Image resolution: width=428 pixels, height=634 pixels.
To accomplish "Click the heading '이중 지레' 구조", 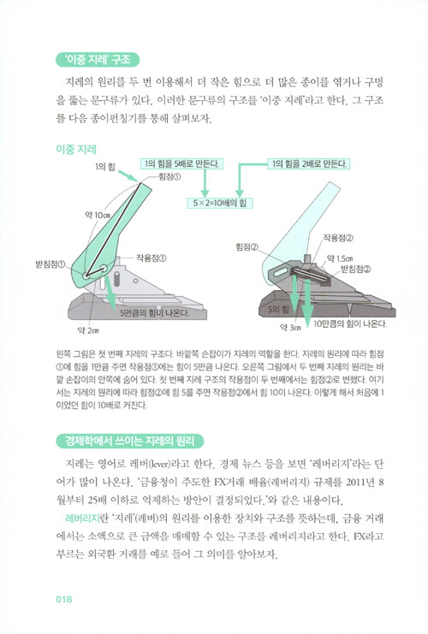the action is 97,60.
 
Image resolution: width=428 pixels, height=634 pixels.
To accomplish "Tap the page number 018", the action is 64,599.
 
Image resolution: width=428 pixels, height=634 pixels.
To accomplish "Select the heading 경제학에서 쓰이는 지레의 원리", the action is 129,441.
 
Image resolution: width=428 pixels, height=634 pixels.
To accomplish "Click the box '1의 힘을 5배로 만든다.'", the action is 181,163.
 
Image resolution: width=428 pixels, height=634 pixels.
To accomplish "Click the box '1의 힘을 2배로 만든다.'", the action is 309,163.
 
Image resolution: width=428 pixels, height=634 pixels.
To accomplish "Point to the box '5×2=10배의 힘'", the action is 220,203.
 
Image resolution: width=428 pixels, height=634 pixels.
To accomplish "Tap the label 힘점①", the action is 169,177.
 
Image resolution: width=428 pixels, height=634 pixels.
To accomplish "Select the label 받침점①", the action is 51,265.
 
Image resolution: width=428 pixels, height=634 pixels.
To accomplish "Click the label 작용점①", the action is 151,258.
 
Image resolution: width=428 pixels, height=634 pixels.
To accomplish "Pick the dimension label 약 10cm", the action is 98,215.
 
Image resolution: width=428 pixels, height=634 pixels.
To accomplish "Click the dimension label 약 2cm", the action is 88,331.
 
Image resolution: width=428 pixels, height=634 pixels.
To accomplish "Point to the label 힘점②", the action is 247,246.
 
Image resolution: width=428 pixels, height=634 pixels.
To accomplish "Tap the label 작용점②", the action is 338,237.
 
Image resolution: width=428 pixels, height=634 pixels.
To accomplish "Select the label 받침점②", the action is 356,269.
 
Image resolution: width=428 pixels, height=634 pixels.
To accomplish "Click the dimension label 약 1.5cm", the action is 340,258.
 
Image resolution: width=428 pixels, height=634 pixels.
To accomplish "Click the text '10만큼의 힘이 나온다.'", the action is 350,324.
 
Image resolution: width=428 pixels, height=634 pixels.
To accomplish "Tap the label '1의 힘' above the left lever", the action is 105,167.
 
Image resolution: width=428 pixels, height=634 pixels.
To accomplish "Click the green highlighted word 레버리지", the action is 81,518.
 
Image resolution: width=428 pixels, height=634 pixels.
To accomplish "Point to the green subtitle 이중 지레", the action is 76,150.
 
